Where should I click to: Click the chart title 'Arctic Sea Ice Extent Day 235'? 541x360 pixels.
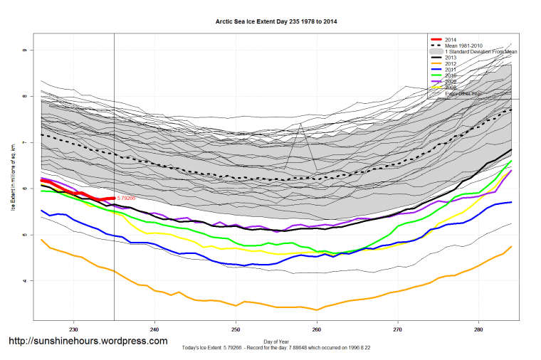click(276, 22)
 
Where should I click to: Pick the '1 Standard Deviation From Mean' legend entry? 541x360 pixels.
click(482, 52)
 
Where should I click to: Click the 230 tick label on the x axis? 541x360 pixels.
click(73, 329)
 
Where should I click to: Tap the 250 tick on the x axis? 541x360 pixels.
click(236, 329)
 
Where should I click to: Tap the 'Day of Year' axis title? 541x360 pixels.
click(276, 342)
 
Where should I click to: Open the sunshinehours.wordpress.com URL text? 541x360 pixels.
click(88, 342)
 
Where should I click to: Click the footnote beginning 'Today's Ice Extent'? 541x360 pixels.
click(276, 349)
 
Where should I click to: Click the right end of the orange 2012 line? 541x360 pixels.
click(511, 246)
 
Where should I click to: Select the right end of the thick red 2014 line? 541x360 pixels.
click(114, 198)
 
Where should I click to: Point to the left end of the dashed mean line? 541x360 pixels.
click(42, 134)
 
